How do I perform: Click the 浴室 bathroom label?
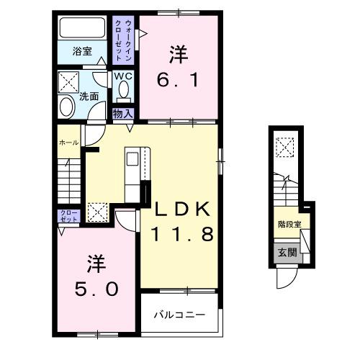81,51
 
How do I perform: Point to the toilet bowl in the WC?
122,91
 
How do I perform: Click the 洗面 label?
89,96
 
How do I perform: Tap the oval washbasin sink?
68,107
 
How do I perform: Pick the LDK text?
181,210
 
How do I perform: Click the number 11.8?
181,235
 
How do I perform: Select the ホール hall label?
69,143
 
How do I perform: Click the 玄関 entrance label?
287,251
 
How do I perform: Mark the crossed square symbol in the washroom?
69,80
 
